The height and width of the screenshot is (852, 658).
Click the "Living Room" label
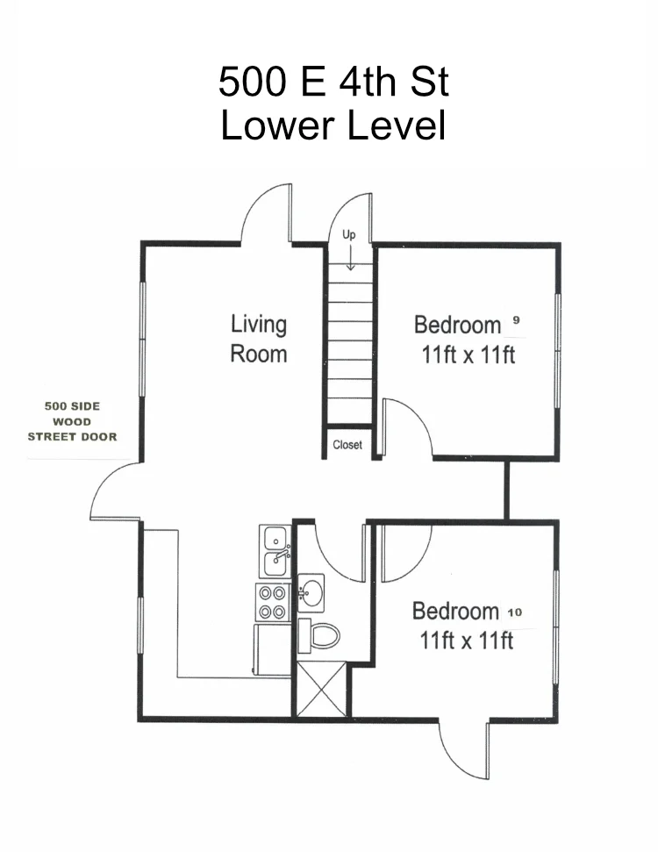(259, 339)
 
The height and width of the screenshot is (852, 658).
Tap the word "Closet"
(347, 445)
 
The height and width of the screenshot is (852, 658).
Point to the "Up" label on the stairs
(349, 235)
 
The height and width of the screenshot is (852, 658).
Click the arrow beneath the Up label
(350, 258)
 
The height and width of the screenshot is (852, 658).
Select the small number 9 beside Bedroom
(516, 320)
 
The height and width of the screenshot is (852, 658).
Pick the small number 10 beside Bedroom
(514, 612)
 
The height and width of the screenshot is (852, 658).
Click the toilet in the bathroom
(318, 635)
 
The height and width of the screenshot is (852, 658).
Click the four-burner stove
(272, 602)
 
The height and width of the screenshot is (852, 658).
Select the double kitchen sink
(275, 552)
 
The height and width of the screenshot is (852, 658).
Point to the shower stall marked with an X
(321, 689)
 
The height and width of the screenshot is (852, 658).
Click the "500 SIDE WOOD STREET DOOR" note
(72, 422)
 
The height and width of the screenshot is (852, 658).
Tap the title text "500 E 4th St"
(333, 82)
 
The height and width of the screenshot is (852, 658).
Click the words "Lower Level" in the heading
(333, 125)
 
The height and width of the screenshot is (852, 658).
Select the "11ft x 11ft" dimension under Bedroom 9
(468, 355)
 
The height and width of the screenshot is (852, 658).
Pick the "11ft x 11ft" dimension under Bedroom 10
(466, 641)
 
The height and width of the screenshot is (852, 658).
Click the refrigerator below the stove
(272, 650)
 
